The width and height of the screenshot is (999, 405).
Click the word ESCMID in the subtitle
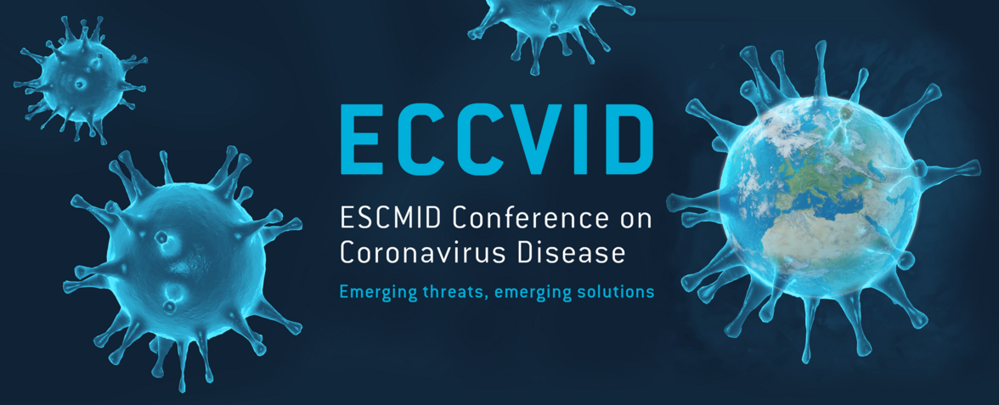click(392, 218)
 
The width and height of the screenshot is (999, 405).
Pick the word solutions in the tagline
click(618, 292)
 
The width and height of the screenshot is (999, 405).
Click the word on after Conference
click(634, 219)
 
